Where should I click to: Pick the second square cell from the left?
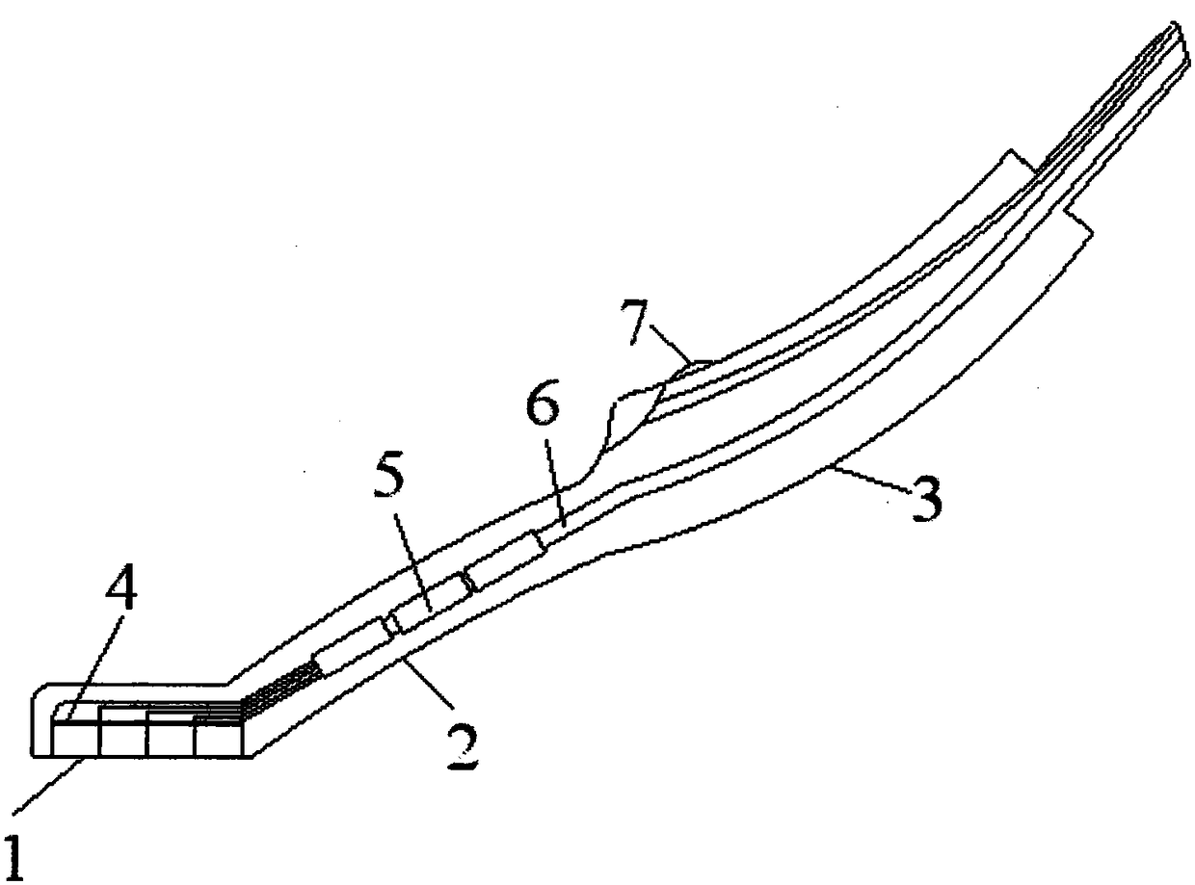123,740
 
